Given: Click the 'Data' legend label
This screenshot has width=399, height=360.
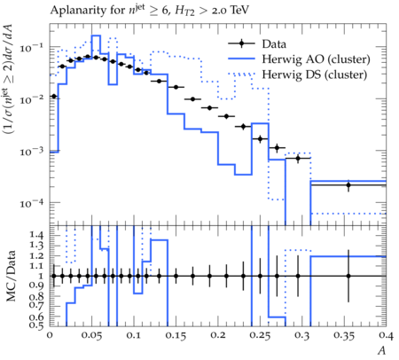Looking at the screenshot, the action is coord(274,44).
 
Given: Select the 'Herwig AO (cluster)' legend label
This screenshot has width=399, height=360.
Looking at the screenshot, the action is coord(316,59).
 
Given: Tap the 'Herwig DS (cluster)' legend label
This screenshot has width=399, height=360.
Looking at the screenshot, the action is coord(315,74).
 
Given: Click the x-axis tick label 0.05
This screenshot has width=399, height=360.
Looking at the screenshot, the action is coord(91,336).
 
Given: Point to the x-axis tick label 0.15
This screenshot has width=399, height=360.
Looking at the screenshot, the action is coord(176,336).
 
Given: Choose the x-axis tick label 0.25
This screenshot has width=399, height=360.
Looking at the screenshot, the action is coord(260,336).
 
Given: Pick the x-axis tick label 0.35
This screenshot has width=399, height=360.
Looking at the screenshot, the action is coord(344,336).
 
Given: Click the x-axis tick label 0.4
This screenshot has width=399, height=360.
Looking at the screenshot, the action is coord(386,336).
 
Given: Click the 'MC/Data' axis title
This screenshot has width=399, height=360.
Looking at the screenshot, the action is coord(11,276).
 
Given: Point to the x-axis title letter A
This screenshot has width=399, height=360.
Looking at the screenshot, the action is coord(382,350).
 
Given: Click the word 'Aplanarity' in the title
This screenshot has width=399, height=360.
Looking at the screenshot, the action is coord(76,11).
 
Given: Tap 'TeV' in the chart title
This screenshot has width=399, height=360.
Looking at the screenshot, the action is coord(239,10).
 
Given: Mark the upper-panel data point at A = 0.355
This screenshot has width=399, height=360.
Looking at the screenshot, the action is coord(348,185).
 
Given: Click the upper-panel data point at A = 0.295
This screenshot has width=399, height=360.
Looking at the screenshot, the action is coord(298,158).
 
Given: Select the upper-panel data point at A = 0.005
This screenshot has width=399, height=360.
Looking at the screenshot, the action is coord(54,97).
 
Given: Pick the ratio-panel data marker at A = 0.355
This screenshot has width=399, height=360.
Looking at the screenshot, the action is coord(348,276).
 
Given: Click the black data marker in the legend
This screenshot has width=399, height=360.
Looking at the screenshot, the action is coord(241,43).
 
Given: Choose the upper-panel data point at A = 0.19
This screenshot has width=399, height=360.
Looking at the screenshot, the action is coord(209,108).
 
